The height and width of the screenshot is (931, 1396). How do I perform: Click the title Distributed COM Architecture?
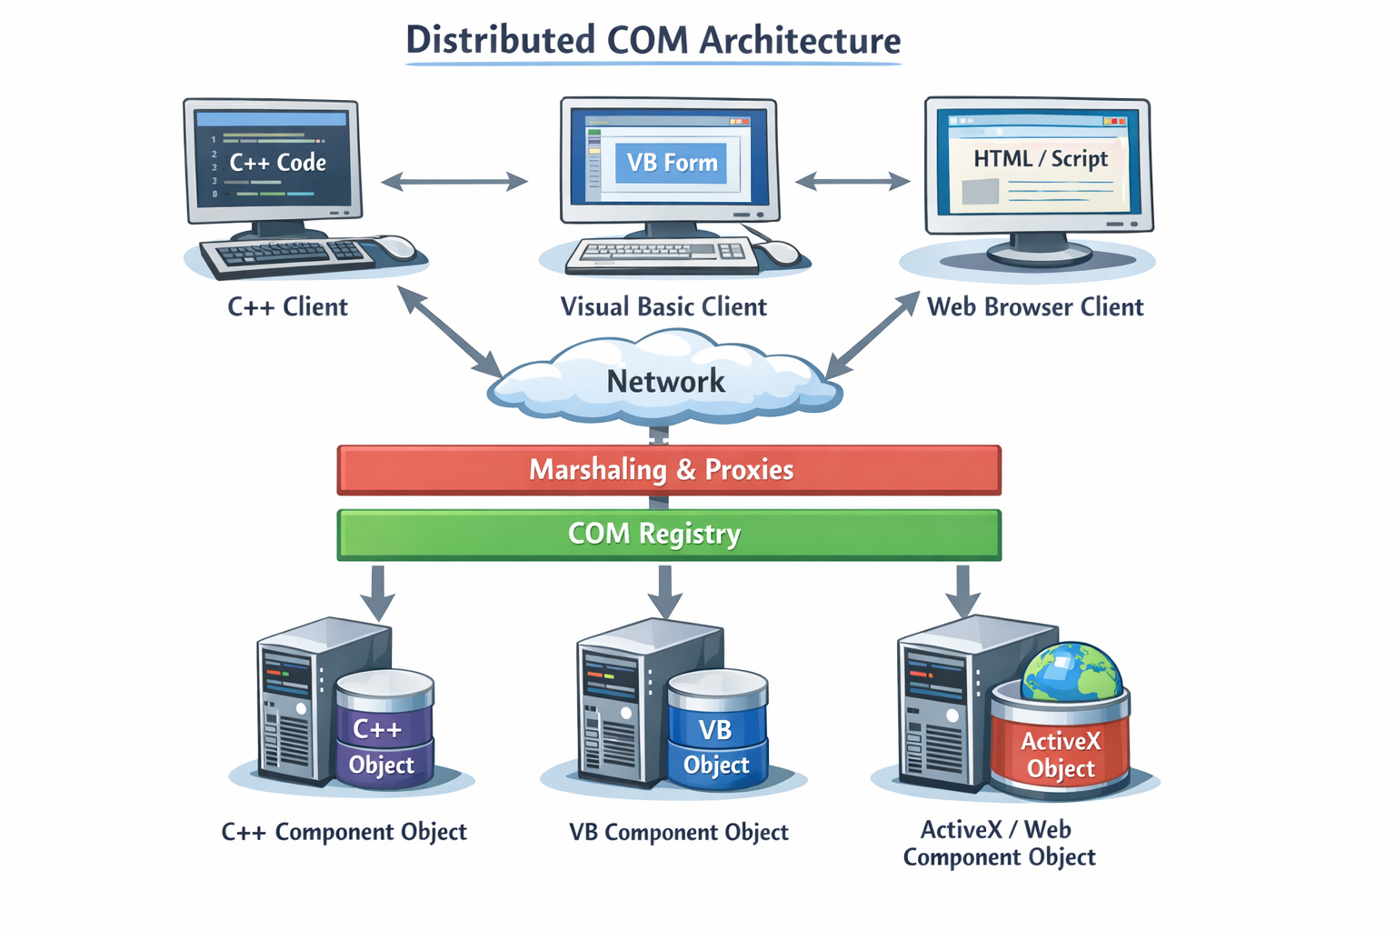click(653, 41)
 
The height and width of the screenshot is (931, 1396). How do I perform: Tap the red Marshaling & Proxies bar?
click(668, 470)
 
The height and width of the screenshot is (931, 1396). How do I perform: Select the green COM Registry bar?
click(668, 535)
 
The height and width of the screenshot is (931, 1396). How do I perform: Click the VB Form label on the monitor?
click(671, 163)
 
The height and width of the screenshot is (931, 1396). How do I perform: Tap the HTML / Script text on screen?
click(1041, 159)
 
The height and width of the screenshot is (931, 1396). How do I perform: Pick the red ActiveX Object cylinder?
click(1060, 750)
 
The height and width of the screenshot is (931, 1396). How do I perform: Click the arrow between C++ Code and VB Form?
click(454, 182)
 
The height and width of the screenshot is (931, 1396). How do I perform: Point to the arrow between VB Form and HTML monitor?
click(853, 182)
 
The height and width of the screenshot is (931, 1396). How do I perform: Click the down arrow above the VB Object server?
click(665, 593)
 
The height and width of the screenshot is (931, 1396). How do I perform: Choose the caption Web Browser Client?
click(1034, 307)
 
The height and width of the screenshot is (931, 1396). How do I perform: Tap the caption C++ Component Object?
click(344, 832)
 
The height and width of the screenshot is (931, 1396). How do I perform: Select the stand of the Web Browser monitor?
click(1038, 248)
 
